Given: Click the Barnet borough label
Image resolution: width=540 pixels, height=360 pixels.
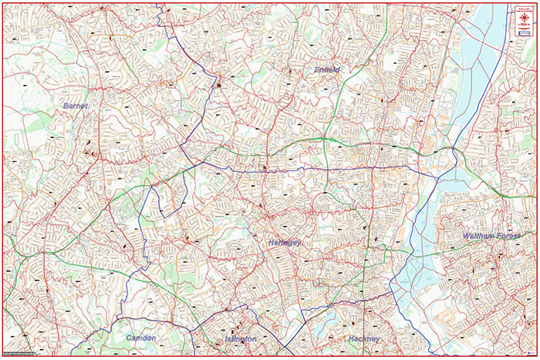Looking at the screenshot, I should (76, 105).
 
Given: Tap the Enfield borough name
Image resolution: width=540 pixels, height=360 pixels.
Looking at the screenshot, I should (327, 69).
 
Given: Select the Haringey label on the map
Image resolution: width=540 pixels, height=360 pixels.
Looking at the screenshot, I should (284, 242).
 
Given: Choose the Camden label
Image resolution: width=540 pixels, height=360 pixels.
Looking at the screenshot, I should (140, 338).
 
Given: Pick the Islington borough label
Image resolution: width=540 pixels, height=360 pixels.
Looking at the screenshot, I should (241, 338).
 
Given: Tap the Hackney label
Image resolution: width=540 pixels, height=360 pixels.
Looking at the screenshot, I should (363, 338).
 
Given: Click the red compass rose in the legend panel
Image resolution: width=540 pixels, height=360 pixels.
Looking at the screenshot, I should (524, 15).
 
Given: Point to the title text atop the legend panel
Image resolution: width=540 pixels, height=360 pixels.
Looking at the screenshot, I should (524, 7).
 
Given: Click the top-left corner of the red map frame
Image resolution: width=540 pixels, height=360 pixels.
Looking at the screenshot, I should (2, 2).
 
